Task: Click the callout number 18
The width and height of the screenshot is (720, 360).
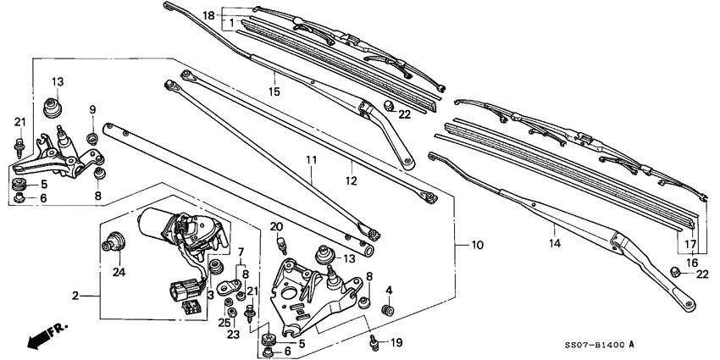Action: click(x=208, y=14)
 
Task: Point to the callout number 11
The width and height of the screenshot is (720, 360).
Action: click(x=311, y=159)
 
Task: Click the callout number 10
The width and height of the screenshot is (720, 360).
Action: click(x=477, y=245)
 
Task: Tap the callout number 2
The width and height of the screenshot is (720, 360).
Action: click(x=75, y=296)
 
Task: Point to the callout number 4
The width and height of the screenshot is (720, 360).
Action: click(x=389, y=291)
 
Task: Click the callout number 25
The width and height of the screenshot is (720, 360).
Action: click(x=224, y=323)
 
